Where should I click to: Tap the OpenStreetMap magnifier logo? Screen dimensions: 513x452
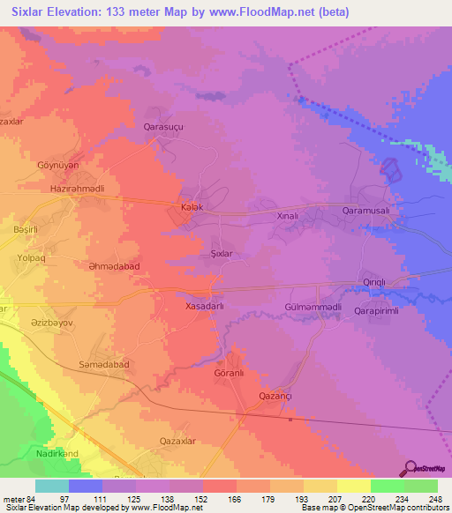411,468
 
